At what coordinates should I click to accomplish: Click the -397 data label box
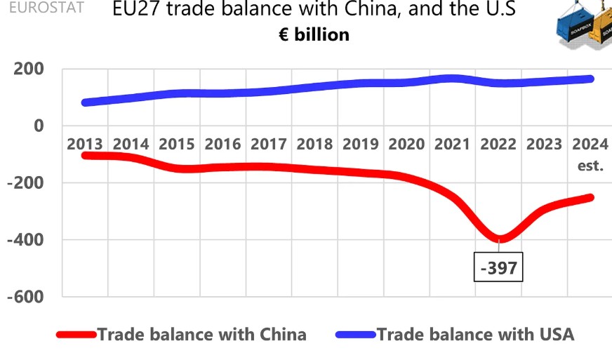point(499,267)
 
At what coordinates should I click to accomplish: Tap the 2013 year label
point(85,145)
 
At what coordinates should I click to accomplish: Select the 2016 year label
point(222,145)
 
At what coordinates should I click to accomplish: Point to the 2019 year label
point(360,145)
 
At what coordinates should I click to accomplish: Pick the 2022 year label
point(498,145)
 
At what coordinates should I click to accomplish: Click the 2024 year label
point(590,145)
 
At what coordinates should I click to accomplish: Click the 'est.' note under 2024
point(590,166)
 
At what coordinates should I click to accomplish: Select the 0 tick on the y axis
point(39,126)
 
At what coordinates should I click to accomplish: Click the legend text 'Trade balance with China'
point(202,335)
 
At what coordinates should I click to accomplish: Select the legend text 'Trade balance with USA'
point(476,335)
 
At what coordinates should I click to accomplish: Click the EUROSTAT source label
point(42,8)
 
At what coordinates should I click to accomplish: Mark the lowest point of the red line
point(500,239)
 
